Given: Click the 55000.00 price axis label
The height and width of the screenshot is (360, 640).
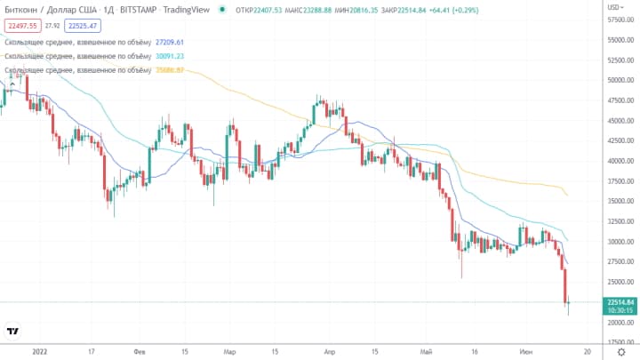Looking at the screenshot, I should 620,40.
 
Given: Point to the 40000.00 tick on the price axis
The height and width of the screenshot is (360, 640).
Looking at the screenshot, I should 620,161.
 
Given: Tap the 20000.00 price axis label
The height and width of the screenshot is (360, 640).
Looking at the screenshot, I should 620,323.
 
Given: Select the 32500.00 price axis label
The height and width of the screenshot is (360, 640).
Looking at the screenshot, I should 620,221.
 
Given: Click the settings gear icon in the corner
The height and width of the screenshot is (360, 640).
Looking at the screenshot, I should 621,352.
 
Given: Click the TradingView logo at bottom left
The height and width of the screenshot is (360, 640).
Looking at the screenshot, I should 13,332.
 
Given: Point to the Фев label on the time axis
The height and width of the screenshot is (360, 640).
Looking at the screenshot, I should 138,351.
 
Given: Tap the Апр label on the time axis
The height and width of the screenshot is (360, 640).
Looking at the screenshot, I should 331,351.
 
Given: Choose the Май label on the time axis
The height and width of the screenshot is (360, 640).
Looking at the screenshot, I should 429,351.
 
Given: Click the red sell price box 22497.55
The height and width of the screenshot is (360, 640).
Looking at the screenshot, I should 21,26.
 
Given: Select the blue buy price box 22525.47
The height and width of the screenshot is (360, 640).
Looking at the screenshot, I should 82,26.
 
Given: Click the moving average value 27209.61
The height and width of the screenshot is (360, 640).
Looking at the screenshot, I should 170,42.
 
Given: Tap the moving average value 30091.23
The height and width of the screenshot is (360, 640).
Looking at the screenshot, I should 170,56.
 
